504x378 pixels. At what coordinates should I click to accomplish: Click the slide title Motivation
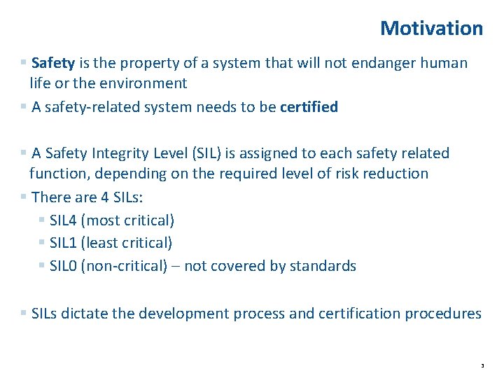431,28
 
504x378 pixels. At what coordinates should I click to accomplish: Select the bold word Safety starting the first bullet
53,62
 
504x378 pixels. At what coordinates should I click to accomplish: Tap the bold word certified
309,107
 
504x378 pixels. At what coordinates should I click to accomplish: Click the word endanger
372,62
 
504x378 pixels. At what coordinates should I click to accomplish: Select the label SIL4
63,220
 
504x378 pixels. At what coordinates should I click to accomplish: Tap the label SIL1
63,243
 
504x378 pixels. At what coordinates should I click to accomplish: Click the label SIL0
63,266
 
